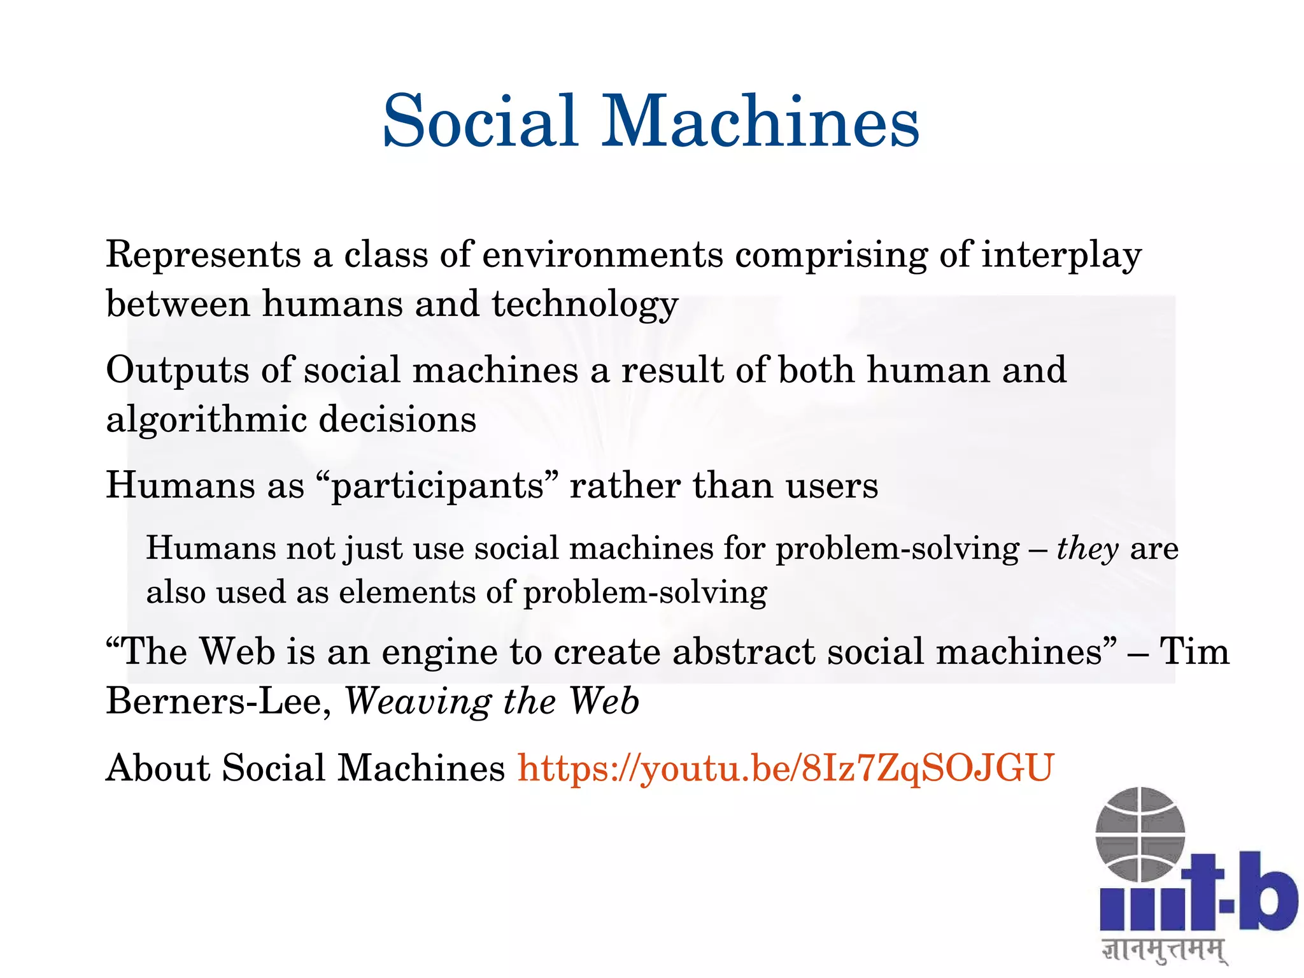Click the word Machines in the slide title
coord(761,121)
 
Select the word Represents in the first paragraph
coord(203,255)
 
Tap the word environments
coord(602,255)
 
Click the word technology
coord(585,305)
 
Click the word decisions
coord(397,421)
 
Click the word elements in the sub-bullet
coord(406,593)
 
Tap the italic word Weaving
coord(418,703)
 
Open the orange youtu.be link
coord(786,768)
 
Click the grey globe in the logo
coord(1140,834)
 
